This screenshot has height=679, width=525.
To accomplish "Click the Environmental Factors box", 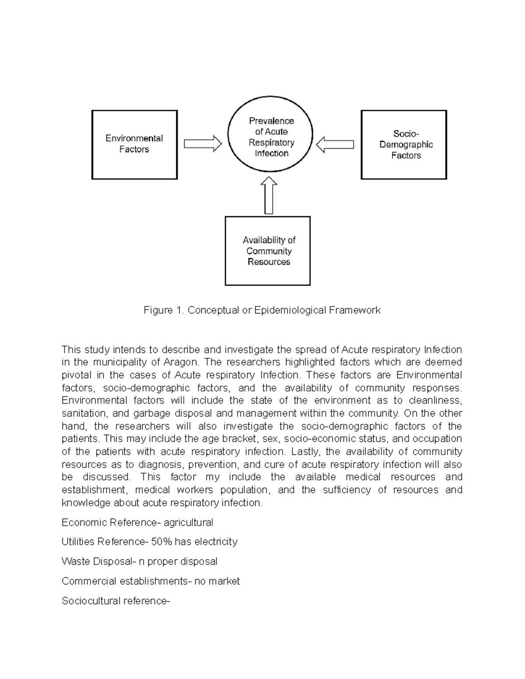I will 134,144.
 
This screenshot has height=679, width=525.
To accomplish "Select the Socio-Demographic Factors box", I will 403,144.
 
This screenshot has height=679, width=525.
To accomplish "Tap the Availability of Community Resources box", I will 268,251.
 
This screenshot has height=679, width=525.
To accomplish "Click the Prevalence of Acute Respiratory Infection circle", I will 270,137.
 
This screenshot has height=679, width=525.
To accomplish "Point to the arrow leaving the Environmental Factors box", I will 203,144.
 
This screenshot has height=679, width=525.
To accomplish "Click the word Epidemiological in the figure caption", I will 290,310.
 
